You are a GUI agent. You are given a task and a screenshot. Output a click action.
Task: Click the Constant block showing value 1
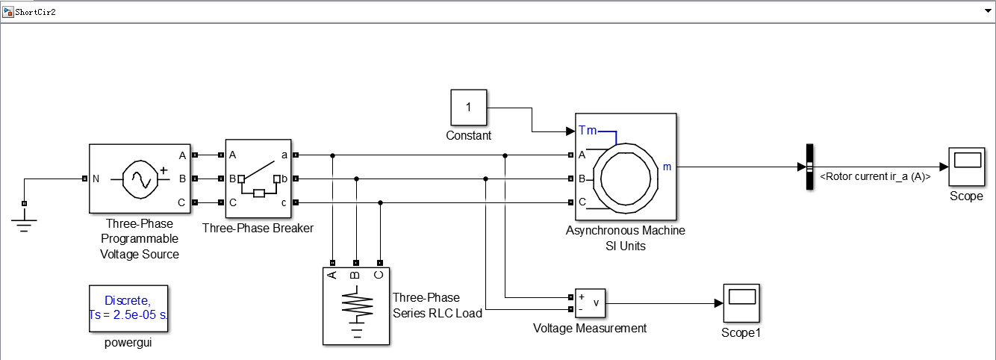click(x=468, y=108)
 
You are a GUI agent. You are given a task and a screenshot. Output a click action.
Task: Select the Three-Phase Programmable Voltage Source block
click(x=140, y=179)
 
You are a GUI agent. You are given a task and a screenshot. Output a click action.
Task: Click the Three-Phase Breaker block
click(x=258, y=179)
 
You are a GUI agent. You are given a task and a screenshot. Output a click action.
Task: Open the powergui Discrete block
click(x=128, y=308)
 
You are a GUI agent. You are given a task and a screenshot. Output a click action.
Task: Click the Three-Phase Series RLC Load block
click(x=356, y=305)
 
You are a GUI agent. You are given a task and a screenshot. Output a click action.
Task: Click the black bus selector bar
click(x=809, y=167)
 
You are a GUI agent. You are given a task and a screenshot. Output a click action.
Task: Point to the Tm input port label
click(x=588, y=131)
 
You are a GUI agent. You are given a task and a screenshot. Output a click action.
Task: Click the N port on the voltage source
click(x=96, y=179)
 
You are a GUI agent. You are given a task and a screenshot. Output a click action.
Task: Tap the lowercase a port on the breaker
click(x=284, y=155)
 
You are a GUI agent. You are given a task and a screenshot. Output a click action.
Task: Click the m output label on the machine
click(x=667, y=167)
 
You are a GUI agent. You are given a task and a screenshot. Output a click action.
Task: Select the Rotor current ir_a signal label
click(x=874, y=177)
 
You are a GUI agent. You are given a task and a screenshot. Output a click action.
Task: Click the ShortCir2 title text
click(x=35, y=12)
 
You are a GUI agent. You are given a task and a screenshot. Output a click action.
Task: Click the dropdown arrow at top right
click(x=987, y=12)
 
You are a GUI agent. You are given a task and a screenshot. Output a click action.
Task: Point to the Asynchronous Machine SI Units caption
click(x=626, y=238)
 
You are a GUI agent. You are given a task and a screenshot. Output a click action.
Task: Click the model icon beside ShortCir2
click(x=8, y=12)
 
